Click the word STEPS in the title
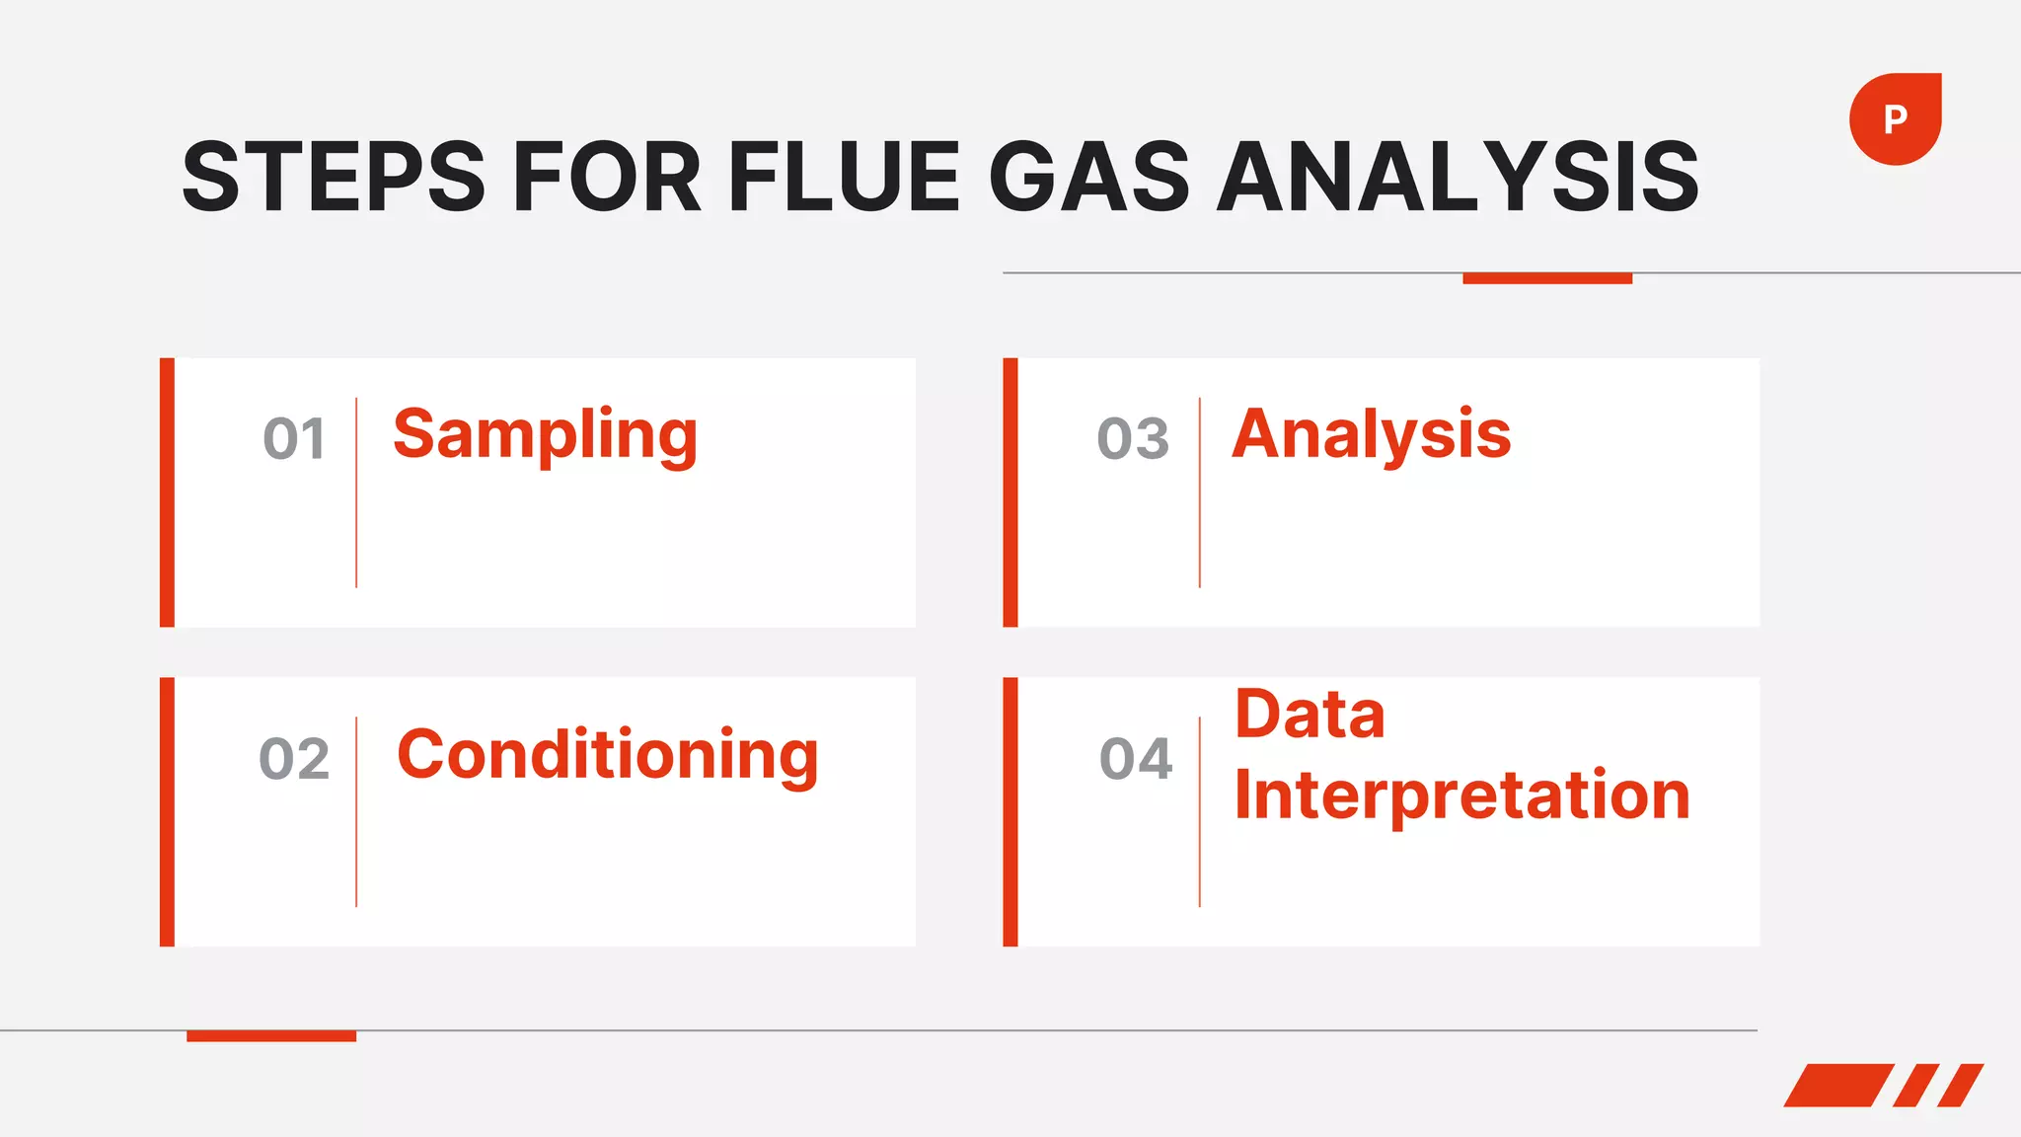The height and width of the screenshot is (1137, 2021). (334, 178)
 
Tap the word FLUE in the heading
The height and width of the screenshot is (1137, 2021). (844, 178)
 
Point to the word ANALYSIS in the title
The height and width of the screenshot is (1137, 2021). (1458, 178)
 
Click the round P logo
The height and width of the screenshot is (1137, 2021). (1895, 119)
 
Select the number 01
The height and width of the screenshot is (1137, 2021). (294, 439)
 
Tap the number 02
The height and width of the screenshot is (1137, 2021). (294, 759)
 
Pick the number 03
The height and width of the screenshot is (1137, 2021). (1133, 439)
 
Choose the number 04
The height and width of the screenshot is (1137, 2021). (1136, 759)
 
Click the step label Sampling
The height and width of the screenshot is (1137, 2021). (545, 435)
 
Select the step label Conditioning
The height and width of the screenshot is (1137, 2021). (607, 755)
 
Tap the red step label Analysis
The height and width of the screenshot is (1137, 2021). (1371, 435)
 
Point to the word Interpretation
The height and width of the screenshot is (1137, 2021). (1461, 796)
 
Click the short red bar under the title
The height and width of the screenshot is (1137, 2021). (1546, 278)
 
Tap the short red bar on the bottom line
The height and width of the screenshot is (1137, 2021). (271, 1035)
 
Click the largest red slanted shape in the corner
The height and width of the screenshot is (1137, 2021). (1837, 1085)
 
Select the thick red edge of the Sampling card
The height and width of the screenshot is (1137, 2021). (168, 493)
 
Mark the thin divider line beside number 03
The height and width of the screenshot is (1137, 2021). (1200, 493)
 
